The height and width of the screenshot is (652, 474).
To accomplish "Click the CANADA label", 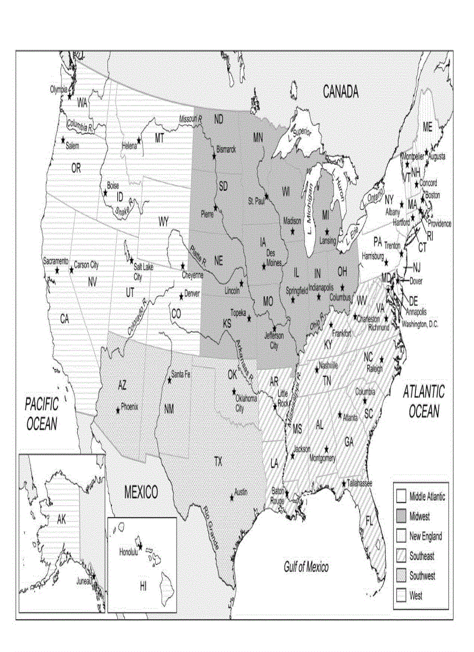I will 340,92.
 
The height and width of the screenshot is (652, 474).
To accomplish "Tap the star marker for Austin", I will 232,498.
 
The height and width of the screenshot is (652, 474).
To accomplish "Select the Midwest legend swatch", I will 401,516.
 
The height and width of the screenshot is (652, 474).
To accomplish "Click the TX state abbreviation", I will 218,462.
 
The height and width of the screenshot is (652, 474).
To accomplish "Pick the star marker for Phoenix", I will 119,410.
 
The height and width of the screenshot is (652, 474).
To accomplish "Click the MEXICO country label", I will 141,493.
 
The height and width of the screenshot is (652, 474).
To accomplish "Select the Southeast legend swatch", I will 401,556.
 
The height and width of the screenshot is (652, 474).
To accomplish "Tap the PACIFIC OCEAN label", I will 42,413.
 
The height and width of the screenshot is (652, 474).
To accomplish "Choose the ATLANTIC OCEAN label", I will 423,401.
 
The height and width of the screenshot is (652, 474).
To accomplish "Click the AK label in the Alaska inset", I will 62,520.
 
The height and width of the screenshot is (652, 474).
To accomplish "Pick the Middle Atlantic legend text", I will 427,496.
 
